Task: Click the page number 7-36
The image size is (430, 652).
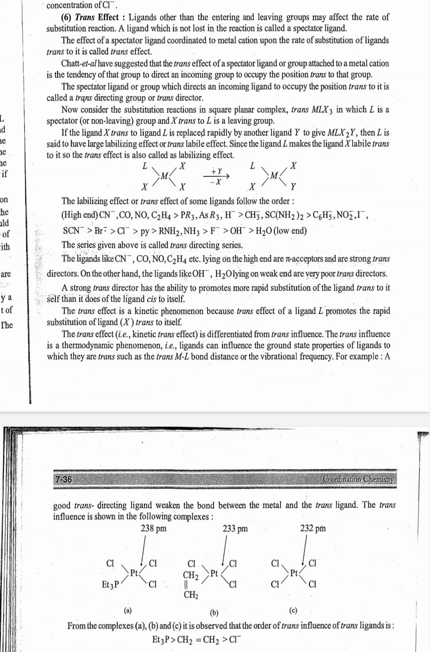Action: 63,479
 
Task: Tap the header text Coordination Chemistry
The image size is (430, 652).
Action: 358,479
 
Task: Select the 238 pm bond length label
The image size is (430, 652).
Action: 153,528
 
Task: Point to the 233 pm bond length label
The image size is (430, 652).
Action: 235,528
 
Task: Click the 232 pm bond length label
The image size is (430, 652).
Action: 313,528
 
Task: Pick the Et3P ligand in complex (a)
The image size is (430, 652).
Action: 110,584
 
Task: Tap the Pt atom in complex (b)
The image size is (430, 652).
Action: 214,573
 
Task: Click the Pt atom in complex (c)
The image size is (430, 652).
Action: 293,573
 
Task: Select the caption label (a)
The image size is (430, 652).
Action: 128,610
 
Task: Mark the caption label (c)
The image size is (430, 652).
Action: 293,610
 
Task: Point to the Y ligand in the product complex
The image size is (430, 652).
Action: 293,186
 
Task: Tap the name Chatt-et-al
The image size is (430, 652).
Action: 79,63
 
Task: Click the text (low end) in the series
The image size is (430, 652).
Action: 290,231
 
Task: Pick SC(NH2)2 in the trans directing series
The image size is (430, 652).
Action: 284,216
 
